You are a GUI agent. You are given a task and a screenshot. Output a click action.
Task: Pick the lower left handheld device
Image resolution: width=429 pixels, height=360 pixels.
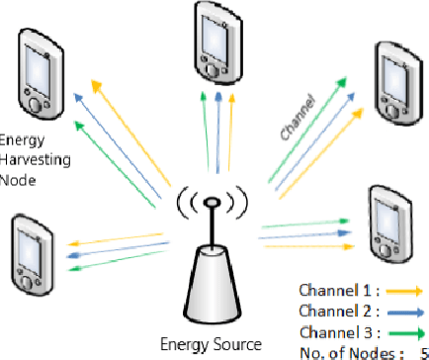point(31,246)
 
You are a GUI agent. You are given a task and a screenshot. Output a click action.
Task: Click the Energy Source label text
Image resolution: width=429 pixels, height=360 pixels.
point(212,344)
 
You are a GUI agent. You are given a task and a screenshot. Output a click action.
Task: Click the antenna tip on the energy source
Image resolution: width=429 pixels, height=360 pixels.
point(211,204)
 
